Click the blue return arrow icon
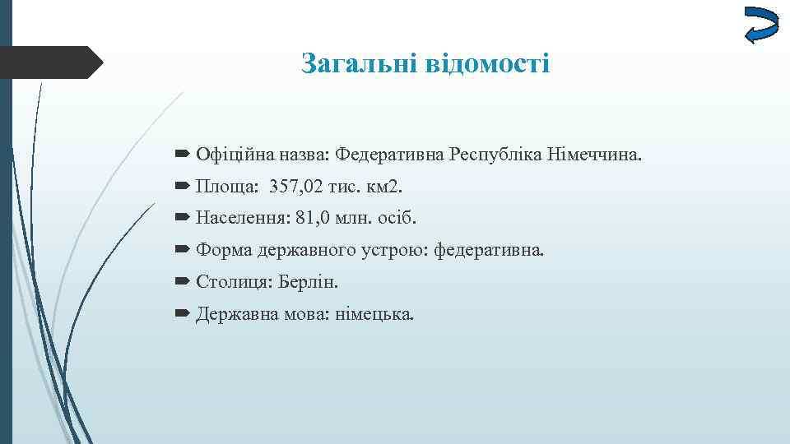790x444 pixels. tap(760, 25)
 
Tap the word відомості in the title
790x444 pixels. tap(488, 62)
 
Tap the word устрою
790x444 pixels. tap(400, 251)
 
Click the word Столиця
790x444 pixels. tap(231, 283)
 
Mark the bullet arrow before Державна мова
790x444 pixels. tap(183, 314)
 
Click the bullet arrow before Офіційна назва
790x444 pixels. tap(183, 154)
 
